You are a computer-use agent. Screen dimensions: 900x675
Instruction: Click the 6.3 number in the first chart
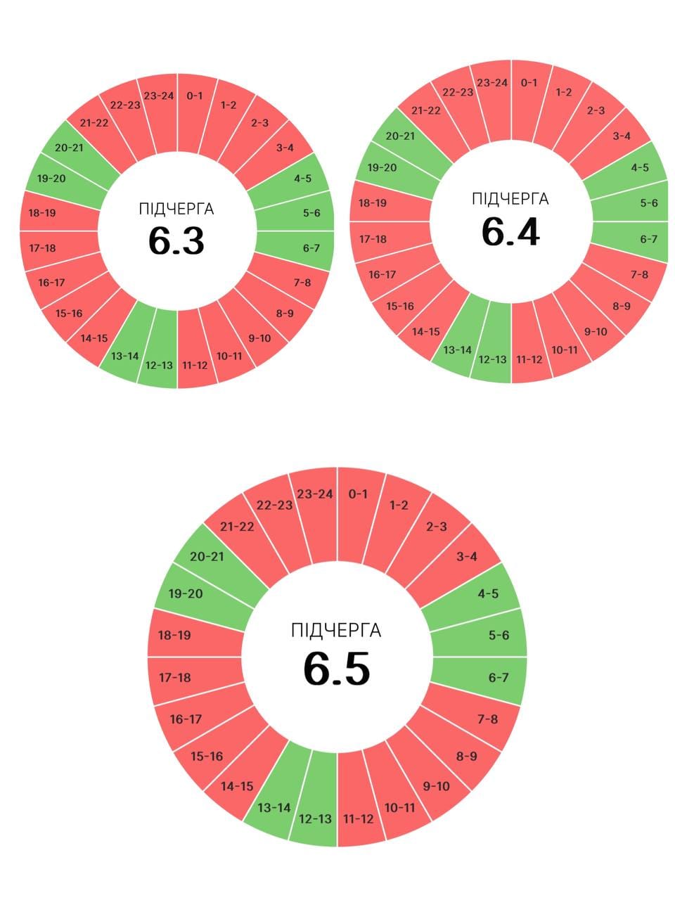pyautogui.click(x=176, y=240)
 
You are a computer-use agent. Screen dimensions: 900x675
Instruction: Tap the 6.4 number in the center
pyautogui.click(x=510, y=231)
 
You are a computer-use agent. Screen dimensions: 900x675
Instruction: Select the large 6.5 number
pyautogui.click(x=336, y=669)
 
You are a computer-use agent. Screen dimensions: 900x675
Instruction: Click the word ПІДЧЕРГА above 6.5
pyautogui.click(x=336, y=630)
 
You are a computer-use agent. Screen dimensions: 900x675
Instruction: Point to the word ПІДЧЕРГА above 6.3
pyautogui.click(x=176, y=209)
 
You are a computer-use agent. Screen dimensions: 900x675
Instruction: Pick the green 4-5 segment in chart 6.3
pyautogui.click(x=302, y=179)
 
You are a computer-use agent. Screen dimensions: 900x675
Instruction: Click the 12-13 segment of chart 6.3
pyautogui.click(x=159, y=365)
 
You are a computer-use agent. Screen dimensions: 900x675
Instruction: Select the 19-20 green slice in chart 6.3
pyautogui.click(x=51, y=179)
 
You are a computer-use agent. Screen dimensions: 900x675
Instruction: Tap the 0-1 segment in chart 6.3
pyautogui.click(x=194, y=96)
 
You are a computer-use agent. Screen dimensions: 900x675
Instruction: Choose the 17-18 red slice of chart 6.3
pyautogui.click(x=42, y=247)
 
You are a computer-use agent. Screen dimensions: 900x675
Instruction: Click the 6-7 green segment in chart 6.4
pyautogui.click(x=648, y=239)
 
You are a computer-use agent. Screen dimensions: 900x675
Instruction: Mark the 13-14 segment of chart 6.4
pyautogui.click(x=457, y=349)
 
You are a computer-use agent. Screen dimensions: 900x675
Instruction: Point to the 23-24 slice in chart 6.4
pyautogui.click(x=492, y=83)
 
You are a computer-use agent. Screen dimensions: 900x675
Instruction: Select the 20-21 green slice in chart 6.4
pyautogui.click(x=400, y=136)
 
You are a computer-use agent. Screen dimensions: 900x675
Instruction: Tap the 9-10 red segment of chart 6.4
pyautogui.click(x=596, y=331)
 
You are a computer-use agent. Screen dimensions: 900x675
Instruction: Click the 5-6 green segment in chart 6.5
pyautogui.click(x=499, y=635)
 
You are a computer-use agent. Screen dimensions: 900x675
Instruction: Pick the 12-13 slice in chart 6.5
pyautogui.click(x=315, y=818)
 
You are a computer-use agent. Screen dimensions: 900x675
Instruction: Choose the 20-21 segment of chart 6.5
pyautogui.click(x=207, y=556)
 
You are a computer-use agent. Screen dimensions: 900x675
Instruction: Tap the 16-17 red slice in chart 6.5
pyautogui.click(x=186, y=719)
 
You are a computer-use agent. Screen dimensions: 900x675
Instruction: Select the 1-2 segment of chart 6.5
pyautogui.click(x=399, y=505)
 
